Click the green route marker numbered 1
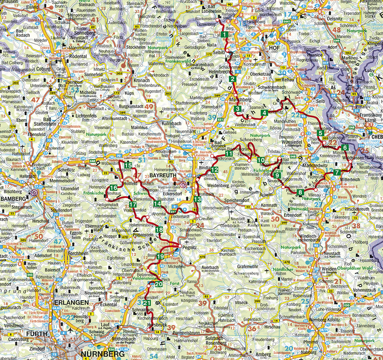coord(225,35)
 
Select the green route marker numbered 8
coord(300,192)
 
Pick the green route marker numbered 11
coord(229,154)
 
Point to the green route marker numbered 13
coord(197,200)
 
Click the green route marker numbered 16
coord(113,188)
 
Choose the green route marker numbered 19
coord(160,257)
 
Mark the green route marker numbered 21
coord(147,303)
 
